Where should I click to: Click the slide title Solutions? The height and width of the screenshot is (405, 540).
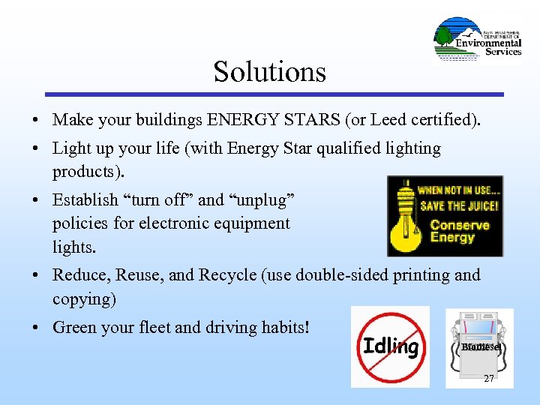[270, 72]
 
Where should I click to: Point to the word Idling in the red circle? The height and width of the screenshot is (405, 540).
[391, 346]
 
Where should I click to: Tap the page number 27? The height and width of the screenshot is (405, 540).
[488, 379]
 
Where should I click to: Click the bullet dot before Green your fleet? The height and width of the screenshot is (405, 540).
[36, 328]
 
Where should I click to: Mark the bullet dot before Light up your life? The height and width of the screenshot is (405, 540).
[36, 149]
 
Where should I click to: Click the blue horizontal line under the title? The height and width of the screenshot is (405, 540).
[274, 94]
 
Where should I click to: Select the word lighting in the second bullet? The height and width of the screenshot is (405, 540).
[414, 148]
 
